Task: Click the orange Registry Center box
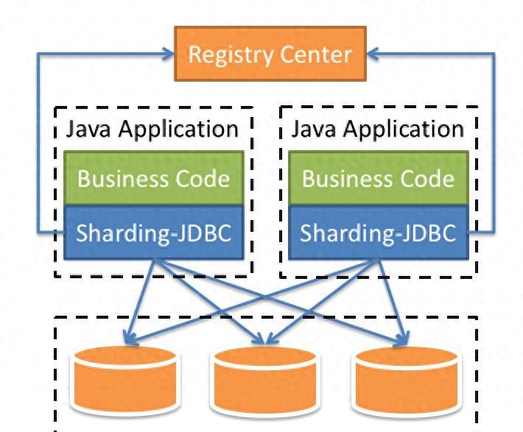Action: pos(270,54)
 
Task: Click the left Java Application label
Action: pos(152,129)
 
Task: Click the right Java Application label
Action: pos(378,129)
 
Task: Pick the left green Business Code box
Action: pos(153,177)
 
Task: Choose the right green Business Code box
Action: pos(378,177)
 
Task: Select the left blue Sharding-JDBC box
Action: pos(153,233)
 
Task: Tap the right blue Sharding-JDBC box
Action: pos(378,233)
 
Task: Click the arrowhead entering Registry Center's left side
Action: pos(168,54)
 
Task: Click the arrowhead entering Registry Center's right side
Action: pos(373,54)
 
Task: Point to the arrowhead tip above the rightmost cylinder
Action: pos(403,341)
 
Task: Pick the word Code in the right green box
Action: pos(427,178)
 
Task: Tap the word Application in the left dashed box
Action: pos(178,130)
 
